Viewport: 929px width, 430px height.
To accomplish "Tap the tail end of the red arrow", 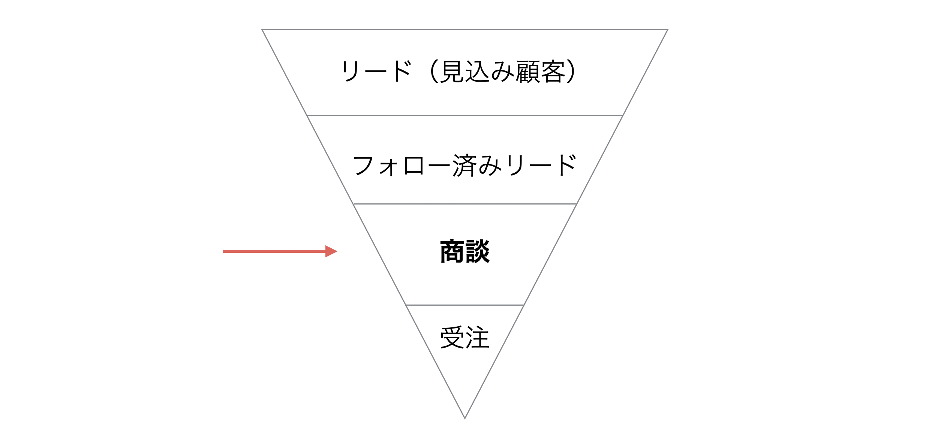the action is click(x=223, y=251).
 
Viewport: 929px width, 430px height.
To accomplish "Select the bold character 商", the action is click(x=452, y=251).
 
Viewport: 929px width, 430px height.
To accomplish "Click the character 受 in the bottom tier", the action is click(x=452, y=337).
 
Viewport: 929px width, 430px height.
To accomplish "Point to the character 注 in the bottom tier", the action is click(x=477, y=337).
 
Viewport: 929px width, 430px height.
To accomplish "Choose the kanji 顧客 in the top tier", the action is click(x=540, y=71).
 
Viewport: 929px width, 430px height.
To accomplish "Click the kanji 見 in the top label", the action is click(x=452, y=71).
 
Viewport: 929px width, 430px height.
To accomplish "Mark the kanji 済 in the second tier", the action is click(x=465, y=165).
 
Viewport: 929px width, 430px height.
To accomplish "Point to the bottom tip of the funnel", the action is click(x=465, y=418).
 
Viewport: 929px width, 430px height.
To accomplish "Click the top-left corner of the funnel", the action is click(x=262, y=29).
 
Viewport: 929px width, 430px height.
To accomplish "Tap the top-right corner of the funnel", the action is click(x=668, y=29).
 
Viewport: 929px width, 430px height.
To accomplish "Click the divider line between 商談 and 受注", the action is click(x=465, y=305).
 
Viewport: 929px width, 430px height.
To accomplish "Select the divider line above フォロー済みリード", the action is click(x=465, y=115).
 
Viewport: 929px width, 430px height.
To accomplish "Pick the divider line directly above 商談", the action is click(x=465, y=204).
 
